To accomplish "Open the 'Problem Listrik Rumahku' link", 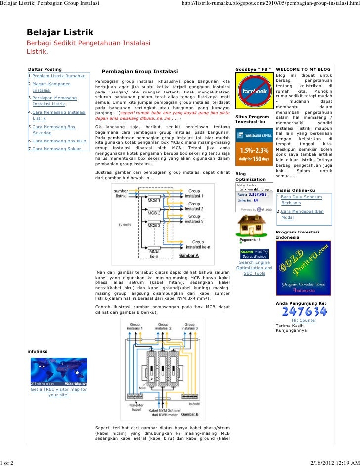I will (58, 75).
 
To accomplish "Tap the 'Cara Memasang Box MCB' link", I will (59, 141).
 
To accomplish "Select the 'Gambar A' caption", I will (188, 255).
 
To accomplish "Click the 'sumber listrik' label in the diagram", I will (121, 193).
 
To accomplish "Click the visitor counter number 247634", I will (304, 311).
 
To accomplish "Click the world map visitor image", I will (59, 371).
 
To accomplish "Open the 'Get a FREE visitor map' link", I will (58, 392).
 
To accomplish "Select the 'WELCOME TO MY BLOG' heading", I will (303, 69).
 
